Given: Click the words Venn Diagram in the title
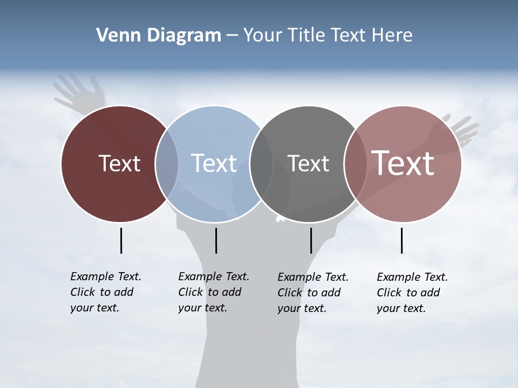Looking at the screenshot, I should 159,36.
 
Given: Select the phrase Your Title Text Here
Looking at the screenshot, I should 328,36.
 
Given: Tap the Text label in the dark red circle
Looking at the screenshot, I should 119,163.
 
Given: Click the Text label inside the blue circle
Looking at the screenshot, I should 214,163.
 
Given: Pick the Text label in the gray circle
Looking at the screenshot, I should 308,163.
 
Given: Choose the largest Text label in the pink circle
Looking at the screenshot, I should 403,163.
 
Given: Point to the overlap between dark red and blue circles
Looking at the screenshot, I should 167,164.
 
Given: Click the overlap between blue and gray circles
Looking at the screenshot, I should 261,164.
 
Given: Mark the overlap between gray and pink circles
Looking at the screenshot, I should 355,164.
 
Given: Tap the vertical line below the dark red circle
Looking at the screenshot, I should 121,240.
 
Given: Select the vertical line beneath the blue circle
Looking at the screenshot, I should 216,240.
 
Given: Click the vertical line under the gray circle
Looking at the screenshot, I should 311,240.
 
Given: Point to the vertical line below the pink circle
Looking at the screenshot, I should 401,240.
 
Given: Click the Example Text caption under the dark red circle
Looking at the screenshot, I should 105,292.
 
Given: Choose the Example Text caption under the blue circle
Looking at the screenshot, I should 213,292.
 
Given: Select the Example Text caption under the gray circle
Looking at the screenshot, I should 312,293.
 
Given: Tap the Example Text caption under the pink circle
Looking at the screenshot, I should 412,293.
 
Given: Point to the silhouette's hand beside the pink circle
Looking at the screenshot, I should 463,129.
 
